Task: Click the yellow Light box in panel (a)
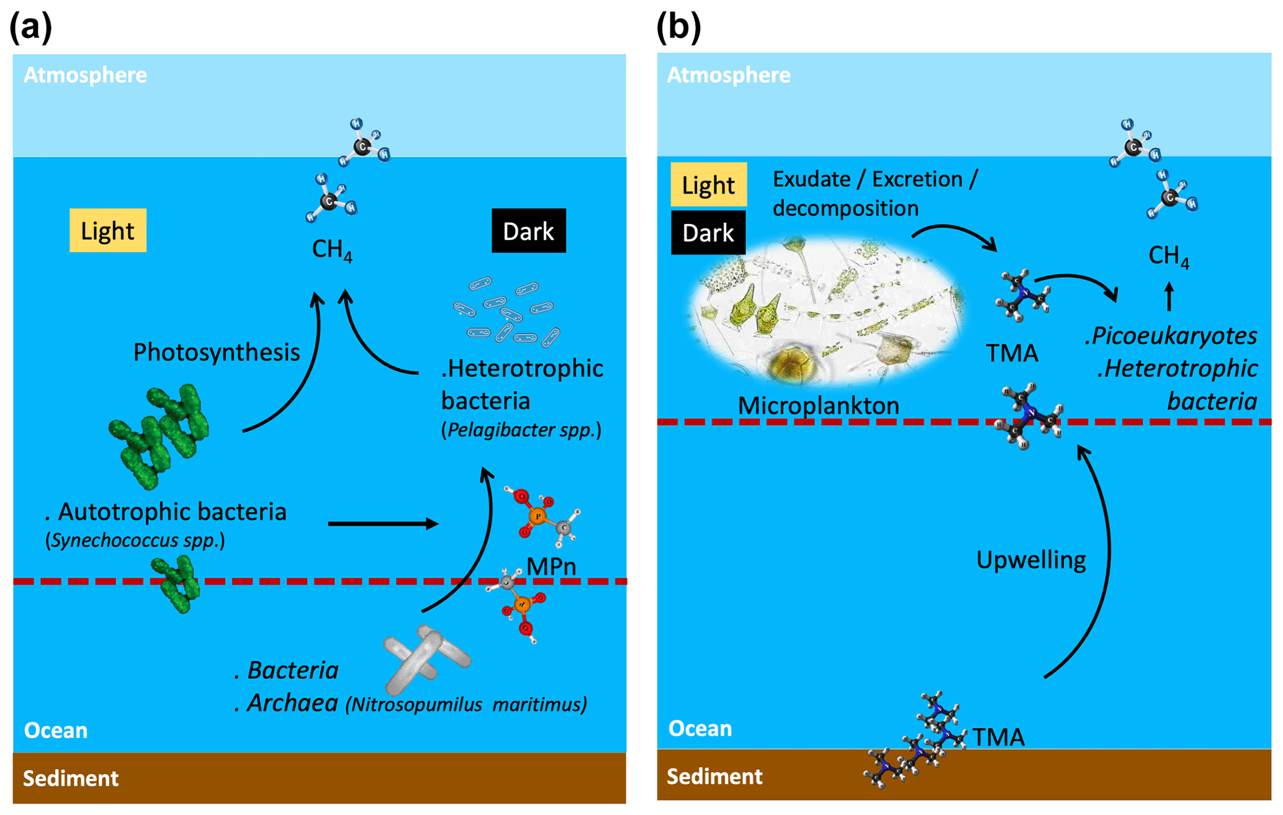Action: pyautogui.click(x=107, y=230)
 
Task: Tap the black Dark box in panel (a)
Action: pyautogui.click(x=528, y=231)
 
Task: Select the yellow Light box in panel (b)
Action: pyautogui.click(x=708, y=185)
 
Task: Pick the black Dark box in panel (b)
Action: pyautogui.click(x=708, y=233)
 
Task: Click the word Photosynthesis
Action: pyautogui.click(x=217, y=352)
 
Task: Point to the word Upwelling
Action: pyautogui.click(x=1031, y=560)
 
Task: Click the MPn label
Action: pyautogui.click(x=551, y=566)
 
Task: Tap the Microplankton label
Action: pyautogui.click(x=818, y=405)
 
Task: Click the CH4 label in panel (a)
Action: pyautogui.click(x=332, y=250)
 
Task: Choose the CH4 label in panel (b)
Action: pyautogui.click(x=1169, y=255)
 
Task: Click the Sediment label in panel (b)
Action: pyautogui.click(x=714, y=777)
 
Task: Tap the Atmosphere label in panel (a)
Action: pyautogui.click(x=85, y=75)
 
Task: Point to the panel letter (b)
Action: pyautogui.click(x=678, y=27)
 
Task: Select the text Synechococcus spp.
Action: pyautogui.click(x=135, y=540)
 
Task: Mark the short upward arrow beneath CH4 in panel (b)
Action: pyautogui.click(x=1169, y=296)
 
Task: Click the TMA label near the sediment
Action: pyautogui.click(x=998, y=737)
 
